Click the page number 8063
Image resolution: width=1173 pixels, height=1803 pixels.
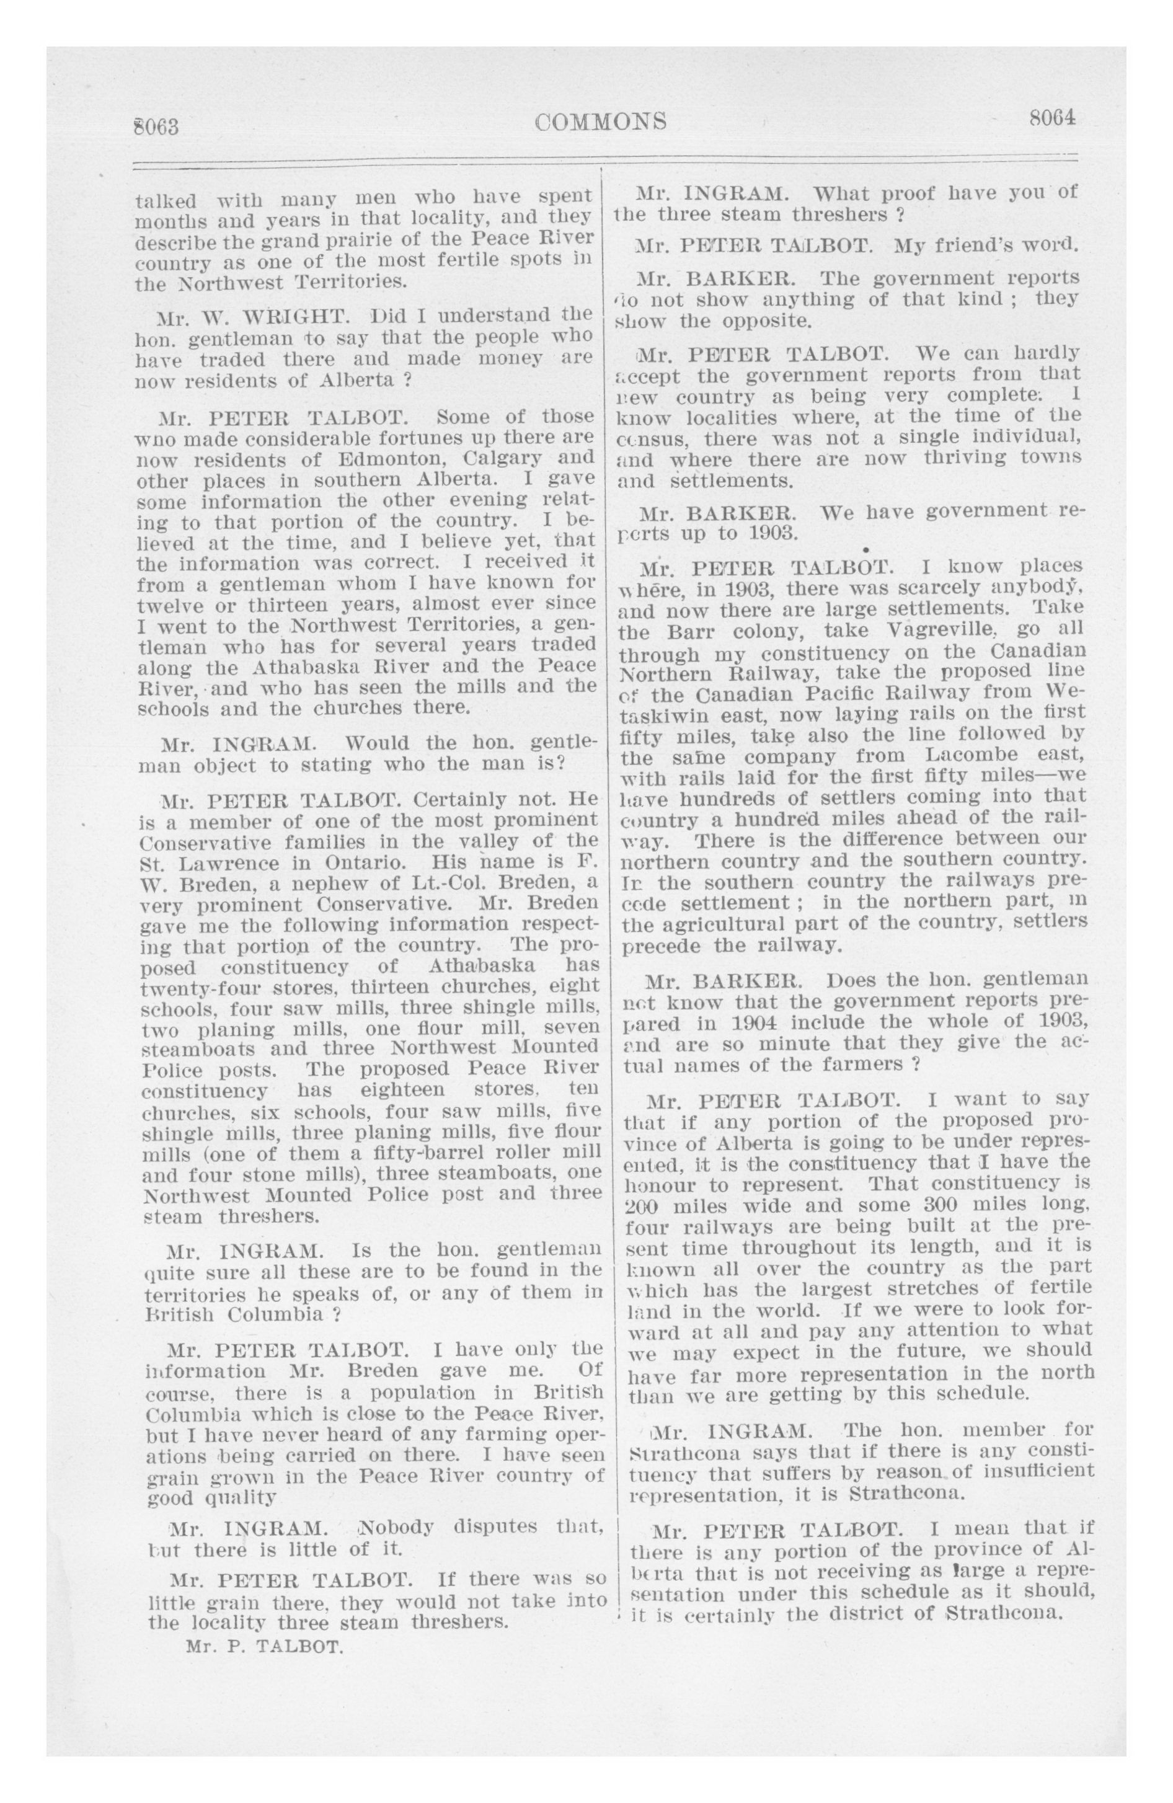(156, 126)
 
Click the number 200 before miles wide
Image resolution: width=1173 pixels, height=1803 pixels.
(642, 1205)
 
